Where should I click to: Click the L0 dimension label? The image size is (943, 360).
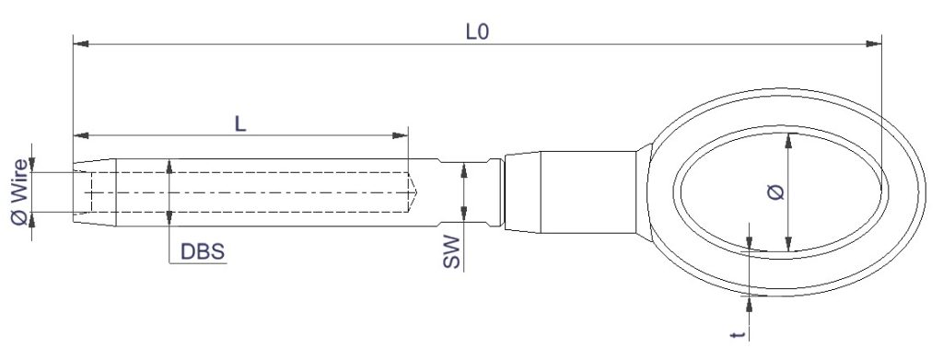pyautogui.click(x=478, y=32)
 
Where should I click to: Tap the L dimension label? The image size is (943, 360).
pyautogui.click(x=240, y=123)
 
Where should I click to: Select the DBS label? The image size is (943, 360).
pyautogui.click(x=203, y=252)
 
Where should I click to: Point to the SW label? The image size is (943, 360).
pyautogui.click(x=451, y=252)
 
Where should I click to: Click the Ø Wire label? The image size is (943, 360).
pyautogui.click(x=19, y=192)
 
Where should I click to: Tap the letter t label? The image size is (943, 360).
pyautogui.click(x=739, y=334)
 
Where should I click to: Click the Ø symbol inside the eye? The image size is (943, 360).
pyautogui.click(x=776, y=192)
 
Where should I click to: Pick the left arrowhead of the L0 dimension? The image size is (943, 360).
pyautogui.click(x=81, y=44)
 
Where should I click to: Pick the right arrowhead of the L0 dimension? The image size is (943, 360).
pyautogui.click(x=873, y=44)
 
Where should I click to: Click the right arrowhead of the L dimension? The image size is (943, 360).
pyautogui.click(x=400, y=135)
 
